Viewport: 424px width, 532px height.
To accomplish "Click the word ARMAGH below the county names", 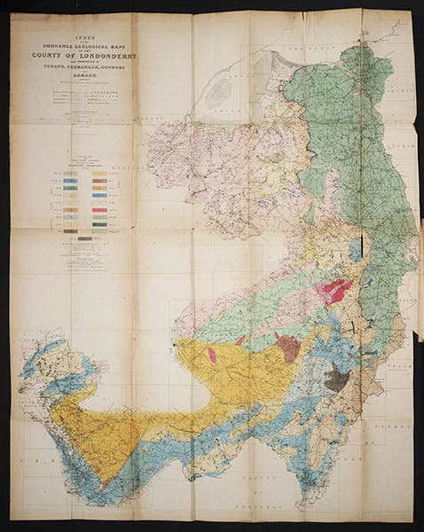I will [80, 77].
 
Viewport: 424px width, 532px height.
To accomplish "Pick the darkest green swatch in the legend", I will [100, 224].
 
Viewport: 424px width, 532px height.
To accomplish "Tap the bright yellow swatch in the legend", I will [100, 174].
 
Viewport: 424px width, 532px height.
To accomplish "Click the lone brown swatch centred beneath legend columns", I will [84, 238].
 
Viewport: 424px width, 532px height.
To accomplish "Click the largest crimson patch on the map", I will [336, 291].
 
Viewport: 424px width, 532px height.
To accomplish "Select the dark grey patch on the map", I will [336, 379].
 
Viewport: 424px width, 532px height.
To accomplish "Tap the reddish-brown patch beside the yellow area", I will [287, 347].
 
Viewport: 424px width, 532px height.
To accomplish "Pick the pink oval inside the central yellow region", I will [211, 355].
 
